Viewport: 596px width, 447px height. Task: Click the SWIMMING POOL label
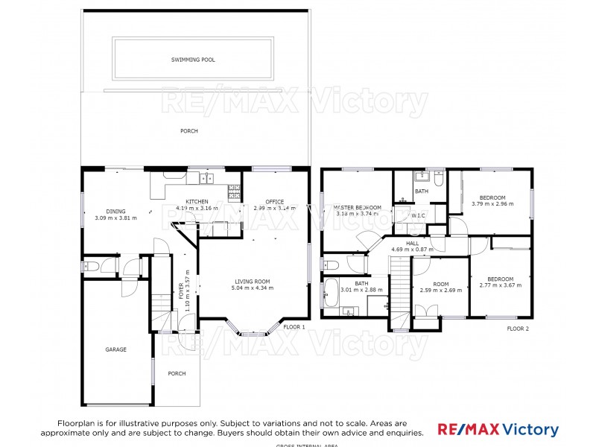[x=193, y=60]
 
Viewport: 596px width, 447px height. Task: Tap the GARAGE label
[x=115, y=349]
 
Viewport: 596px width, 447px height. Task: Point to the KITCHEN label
[x=197, y=202]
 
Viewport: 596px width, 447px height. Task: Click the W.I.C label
[x=418, y=215]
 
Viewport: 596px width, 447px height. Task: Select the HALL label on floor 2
[x=412, y=243]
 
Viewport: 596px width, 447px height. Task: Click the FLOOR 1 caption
[x=294, y=327]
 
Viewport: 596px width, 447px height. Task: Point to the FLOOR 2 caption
[x=518, y=329]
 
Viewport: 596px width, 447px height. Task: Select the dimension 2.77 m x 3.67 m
[x=501, y=285]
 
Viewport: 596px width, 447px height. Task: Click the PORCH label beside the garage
[x=177, y=373]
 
